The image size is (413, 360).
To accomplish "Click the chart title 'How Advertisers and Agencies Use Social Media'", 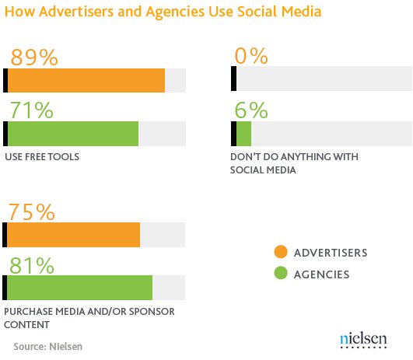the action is [163, 12].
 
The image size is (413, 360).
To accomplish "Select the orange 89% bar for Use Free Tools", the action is [86, 80].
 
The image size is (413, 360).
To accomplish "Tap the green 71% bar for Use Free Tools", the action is [73, 134].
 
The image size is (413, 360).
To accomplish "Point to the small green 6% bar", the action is [243, 134].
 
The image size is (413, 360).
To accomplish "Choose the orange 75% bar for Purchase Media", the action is [73, 235].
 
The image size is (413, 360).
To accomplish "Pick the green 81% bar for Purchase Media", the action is [80, 288].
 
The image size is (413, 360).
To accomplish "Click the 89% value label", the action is [34, 57].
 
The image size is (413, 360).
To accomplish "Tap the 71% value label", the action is [32, 110].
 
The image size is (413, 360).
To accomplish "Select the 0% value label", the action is [251, 56].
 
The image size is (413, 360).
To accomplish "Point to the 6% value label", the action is [251, 110].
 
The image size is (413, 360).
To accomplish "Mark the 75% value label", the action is [32, 211].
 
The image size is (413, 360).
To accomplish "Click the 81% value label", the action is [32, 265].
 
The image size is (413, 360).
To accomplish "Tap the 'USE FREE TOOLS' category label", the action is [42, 157].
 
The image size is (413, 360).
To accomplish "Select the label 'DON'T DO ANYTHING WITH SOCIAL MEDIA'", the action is [294, 163].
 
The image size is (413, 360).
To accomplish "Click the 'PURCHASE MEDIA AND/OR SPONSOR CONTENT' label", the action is [89, 318].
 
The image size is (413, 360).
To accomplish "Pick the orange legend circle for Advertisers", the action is [281, 252].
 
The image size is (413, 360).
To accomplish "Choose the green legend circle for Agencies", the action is [281, 273].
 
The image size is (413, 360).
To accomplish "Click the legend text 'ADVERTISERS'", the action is [331, 253].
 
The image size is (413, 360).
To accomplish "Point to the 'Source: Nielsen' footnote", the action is [48, 347].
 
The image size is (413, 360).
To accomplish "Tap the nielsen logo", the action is [363, 341].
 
